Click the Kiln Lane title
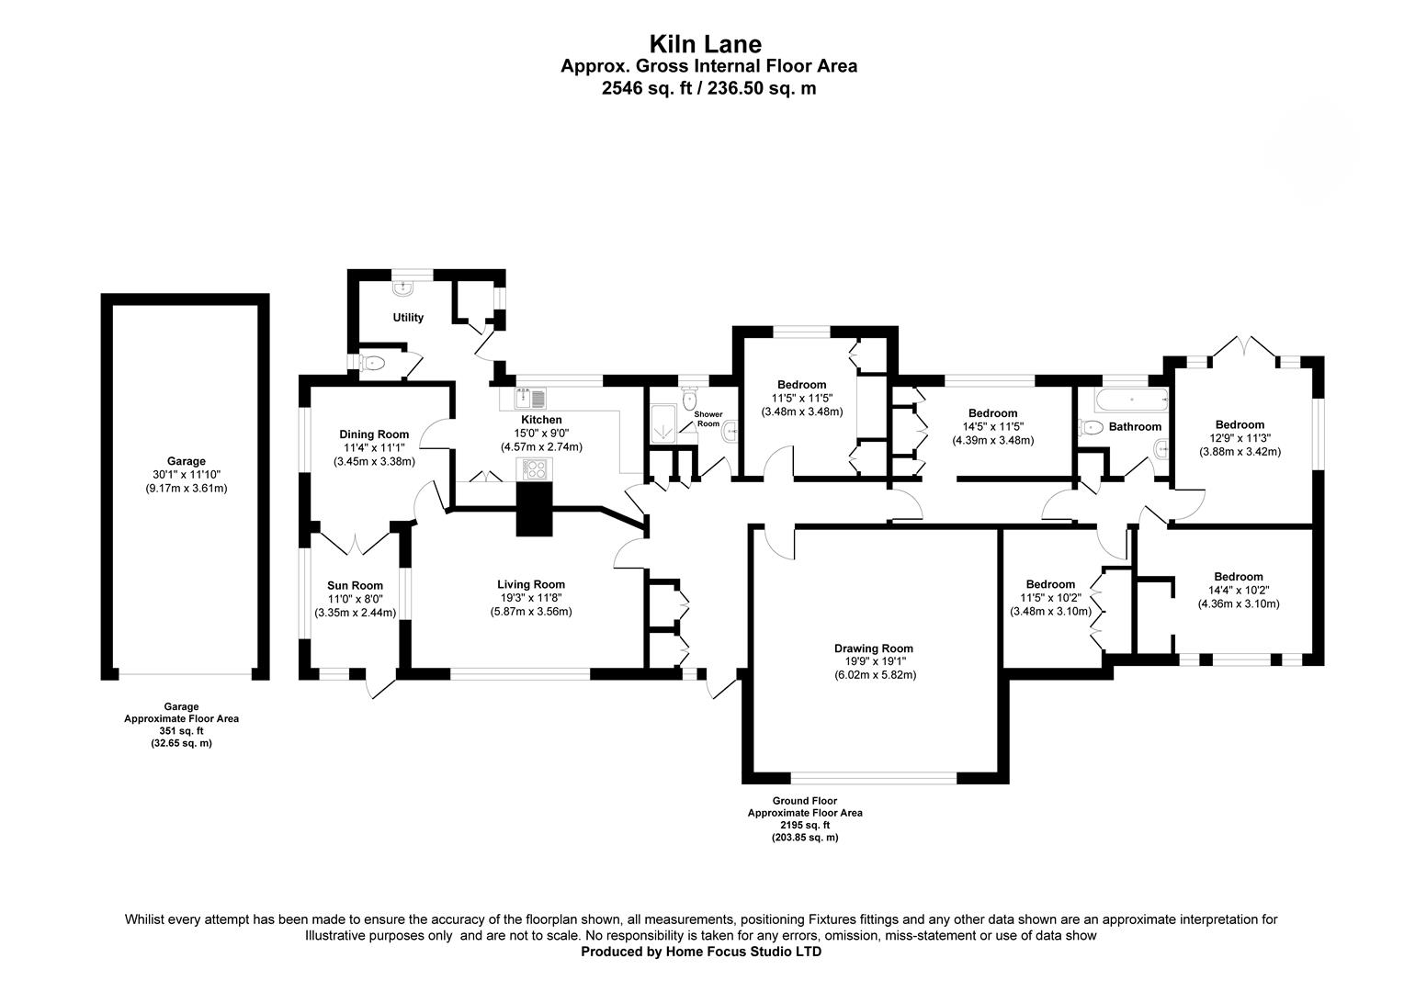(705, 44)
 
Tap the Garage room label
(187, 461)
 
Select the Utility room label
(408, 317)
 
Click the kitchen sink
(530, 398)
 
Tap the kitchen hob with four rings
(535, 469)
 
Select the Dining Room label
(374, 434)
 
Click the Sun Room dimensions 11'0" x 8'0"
(355, 599)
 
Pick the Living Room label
(531, 585)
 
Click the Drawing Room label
(874, 648)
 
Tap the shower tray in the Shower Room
(663, 423)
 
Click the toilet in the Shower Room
(690, 398)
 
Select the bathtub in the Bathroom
(1131, 400)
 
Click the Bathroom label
(1135, 427)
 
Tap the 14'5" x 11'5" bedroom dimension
(993, 427)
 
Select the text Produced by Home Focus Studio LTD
(701, 952)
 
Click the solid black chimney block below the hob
(534, 509)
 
